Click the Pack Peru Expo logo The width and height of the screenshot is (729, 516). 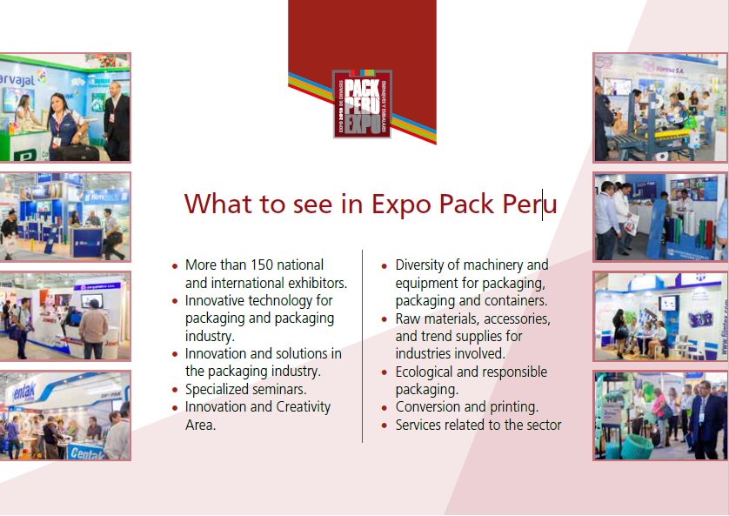[x=362, y=104]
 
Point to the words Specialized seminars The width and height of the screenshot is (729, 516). [x=245, y=389]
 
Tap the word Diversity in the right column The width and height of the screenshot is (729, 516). [x=425, y=265]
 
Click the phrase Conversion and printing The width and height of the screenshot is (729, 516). [x=466, y=406]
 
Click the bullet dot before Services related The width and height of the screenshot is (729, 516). [x=385, y=426]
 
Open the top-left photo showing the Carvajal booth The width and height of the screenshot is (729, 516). [x=64, y=107]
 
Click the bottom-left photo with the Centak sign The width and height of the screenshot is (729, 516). [x=64, y=415]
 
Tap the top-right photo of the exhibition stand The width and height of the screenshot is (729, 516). [x=659, y=107]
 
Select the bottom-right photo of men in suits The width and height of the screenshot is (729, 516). [x=659, y=415]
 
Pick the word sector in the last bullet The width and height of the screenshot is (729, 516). [x=542, y=425]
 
